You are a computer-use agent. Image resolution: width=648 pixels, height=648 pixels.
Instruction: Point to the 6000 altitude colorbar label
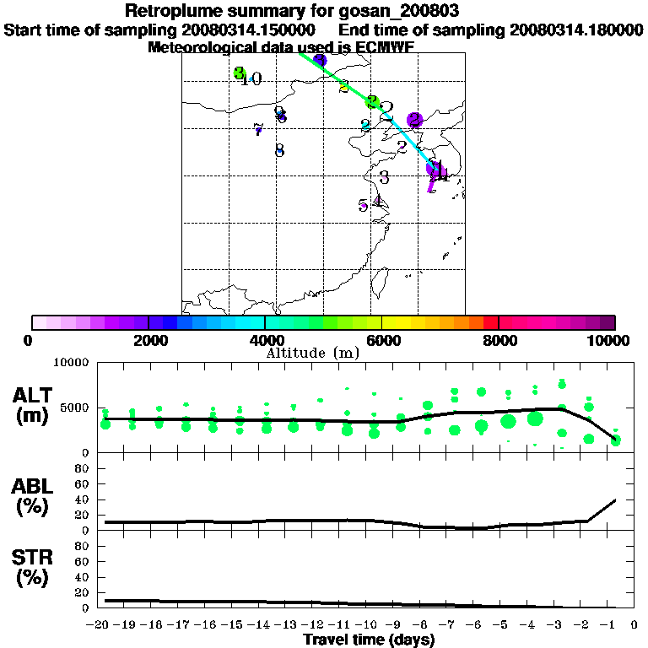pos(381,340)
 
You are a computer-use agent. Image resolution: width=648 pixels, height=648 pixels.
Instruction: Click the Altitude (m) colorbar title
pos(312,353)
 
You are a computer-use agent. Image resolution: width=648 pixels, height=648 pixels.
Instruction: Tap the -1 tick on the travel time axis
pos(616,625)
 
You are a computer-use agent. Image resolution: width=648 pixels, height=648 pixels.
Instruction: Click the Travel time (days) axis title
pos(369,640)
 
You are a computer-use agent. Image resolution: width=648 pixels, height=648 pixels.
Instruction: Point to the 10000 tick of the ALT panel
pos(70,363)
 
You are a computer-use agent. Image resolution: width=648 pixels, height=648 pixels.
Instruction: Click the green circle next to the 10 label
pos(239,73)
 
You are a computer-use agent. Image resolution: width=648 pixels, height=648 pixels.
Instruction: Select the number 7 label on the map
pos(258,129)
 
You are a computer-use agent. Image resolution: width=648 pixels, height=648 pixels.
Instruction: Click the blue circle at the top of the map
pos(320,60)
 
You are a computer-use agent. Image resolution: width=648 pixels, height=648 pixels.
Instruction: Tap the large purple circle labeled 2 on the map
pos(414,121)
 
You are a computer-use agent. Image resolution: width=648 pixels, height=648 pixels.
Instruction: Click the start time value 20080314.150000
pos(249,30)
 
